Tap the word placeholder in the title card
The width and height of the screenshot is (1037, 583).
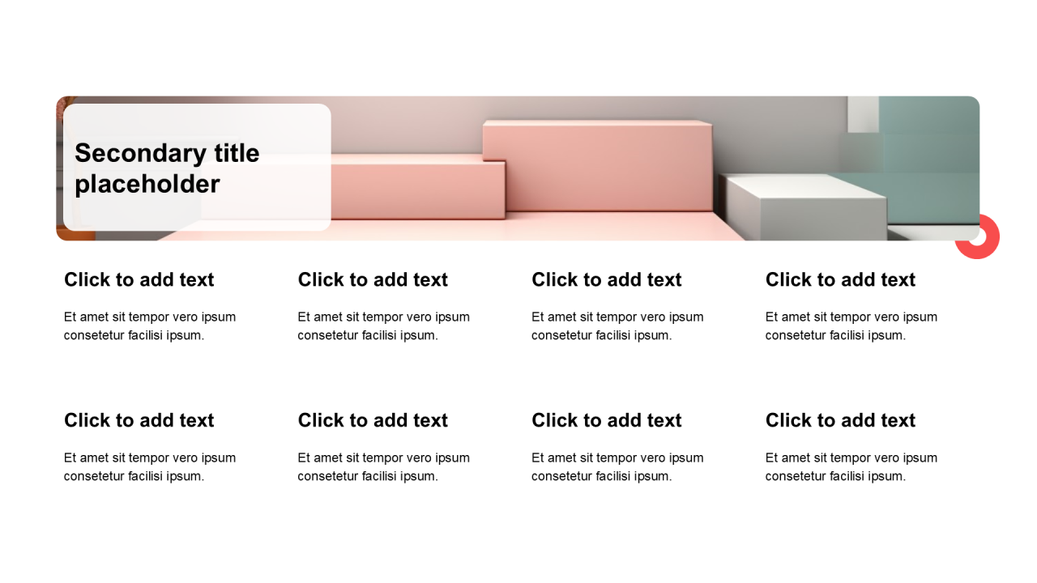(x=147, y=185)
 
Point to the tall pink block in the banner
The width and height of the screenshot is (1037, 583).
(x=597, y=166)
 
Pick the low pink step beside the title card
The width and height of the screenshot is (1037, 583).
(x=417, y=186)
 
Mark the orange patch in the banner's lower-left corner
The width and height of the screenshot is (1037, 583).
(x=77, y=235)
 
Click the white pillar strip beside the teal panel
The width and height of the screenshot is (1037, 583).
(x=863, y=114)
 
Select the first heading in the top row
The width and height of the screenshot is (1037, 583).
(x=139, y=280)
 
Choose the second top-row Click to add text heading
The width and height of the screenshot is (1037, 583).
(x=373, y=280)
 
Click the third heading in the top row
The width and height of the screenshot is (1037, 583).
(x=607, y=280)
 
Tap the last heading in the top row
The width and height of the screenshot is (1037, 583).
(x=840, y=280)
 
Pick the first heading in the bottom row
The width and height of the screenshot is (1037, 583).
(x=139, y=420)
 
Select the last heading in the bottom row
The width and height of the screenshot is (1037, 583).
(x=840, y=420)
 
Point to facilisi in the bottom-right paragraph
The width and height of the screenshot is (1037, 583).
(x=844, y=476)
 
